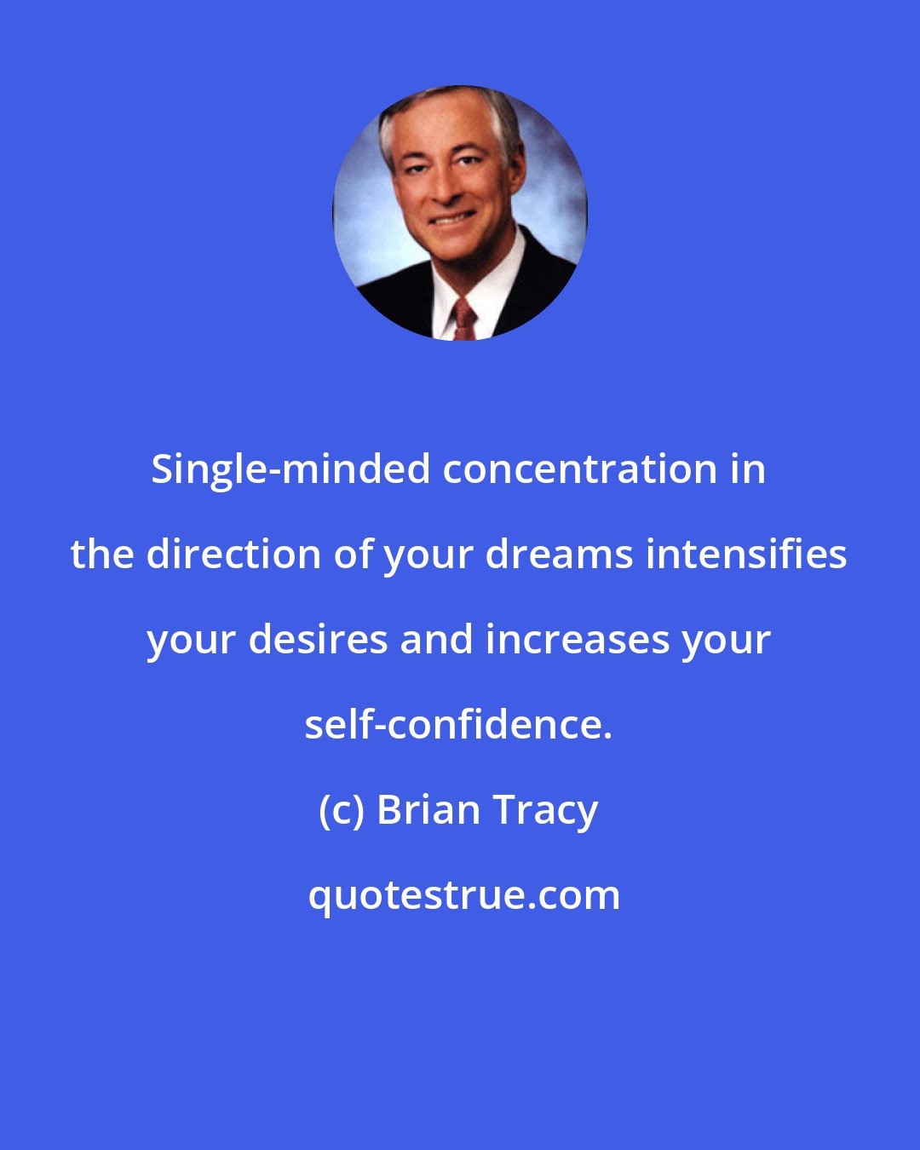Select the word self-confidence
457,725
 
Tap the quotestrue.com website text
464,895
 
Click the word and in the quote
436,640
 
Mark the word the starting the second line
102,555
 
